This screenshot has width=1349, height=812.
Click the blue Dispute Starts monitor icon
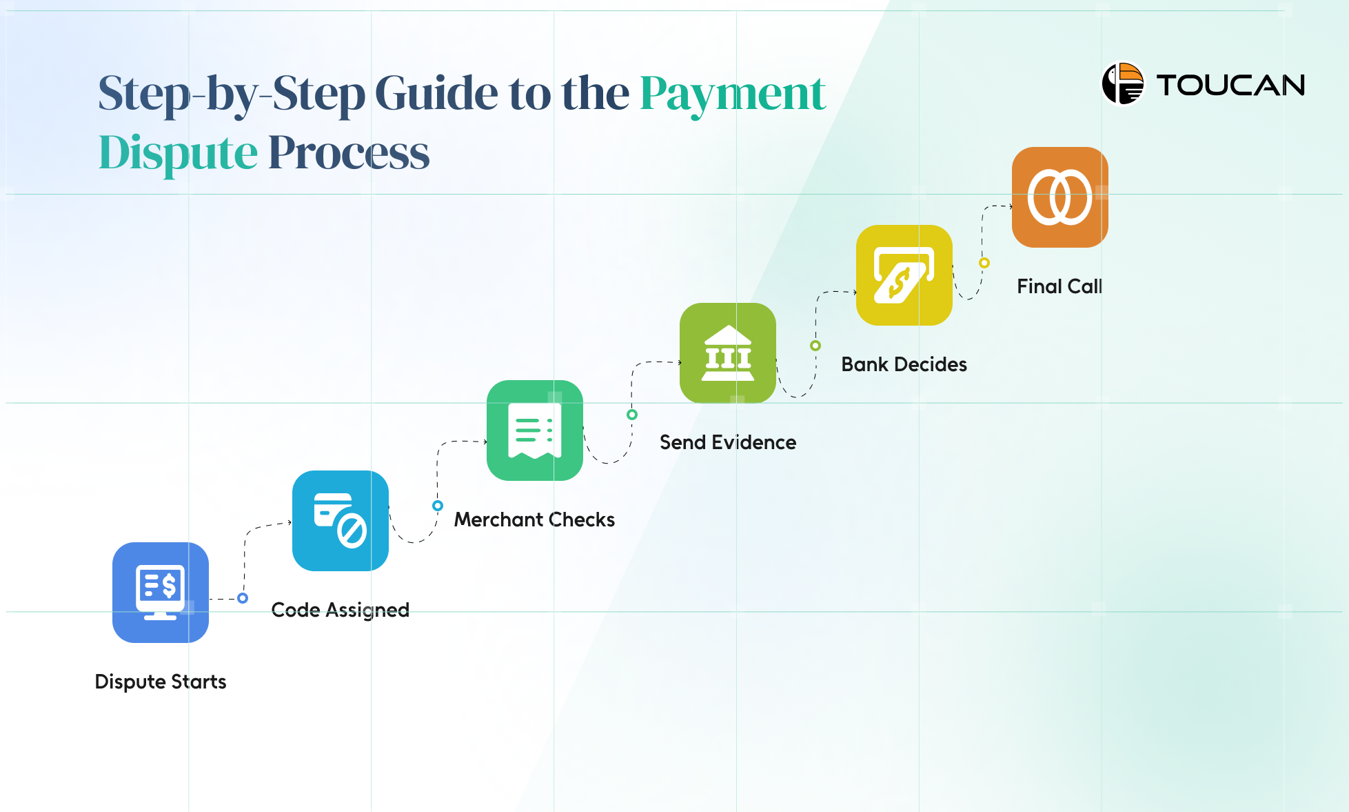pyautogui.click(x=161, y=593)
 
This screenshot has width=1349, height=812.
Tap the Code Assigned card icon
pyautogui.click(x=341, y=521)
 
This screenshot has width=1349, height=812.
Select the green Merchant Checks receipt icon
pyautogui.click(x=535, y=430)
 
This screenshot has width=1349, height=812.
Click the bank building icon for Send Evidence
pyautogui.click(x=728, y=353)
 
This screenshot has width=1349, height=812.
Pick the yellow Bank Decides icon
pyautogui.click(x=904, y=275)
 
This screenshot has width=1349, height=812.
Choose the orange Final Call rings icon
pyautogui.click(x=1060, y=197)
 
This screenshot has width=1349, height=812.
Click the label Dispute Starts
pyautogui.click(x=161, y=682)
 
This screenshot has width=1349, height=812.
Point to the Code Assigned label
pyautogui.click(x=341, y=610)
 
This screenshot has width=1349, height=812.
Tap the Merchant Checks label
pyautogui.click(x=534, y=519)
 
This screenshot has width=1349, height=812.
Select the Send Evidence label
pyautogui.click(x=728, y=442)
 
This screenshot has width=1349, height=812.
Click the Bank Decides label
pyautogui.click(x=904, y=364)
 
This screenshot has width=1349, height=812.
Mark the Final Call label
pyautogui.click(x=1059, y=286)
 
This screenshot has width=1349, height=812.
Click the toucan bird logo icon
pyautogui.click(x=1123, y=84)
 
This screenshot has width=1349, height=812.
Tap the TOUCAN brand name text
pyautogui.click(x=1231, y=86)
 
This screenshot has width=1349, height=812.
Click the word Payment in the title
pyautogui.click(x=733, y=95)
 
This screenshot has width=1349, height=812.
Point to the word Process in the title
pyautogui.click(x=349, y=152)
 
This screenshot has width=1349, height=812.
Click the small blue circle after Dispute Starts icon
pyautogui.click(x=243, y=598)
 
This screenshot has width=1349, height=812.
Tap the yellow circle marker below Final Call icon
pyautogui.click(x=984, y=263)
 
